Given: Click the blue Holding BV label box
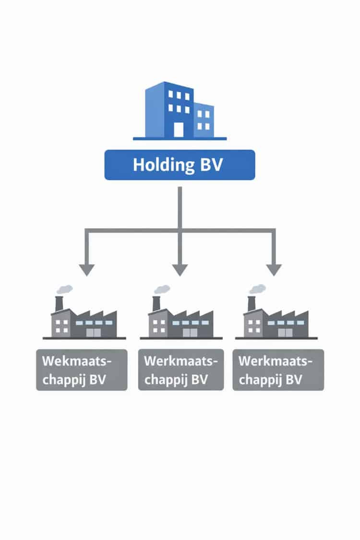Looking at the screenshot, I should [x=180, y=165].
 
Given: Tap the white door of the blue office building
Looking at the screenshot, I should [x=178, y=129].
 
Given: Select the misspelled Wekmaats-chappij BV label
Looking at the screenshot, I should [x=82, y=370].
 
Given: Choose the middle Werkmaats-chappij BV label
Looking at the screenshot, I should [x=180, y=370].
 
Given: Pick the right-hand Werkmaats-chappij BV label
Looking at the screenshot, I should [x=278, y=370].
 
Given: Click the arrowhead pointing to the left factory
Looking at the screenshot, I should [x=86, y=270].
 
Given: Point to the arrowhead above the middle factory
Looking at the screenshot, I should [x=180, y=270].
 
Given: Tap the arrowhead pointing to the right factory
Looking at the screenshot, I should [x=274, y=270].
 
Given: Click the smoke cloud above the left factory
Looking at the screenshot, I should [x=64, y=289].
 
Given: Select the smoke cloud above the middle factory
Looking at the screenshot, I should [x=162, y=289].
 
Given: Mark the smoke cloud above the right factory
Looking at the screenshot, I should [x=257, y=289].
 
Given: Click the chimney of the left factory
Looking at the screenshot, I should [x=60, y=303].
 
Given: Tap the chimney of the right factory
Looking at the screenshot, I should [x=252, y=303].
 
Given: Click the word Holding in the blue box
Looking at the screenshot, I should [x=161, y=165].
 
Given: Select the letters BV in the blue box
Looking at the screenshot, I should [x=210, y=165].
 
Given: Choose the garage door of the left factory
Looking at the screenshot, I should [x=94, y=332].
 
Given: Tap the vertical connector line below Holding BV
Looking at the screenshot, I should [x=180, y=206].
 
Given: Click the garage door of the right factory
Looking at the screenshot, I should [x=286, y=332].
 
